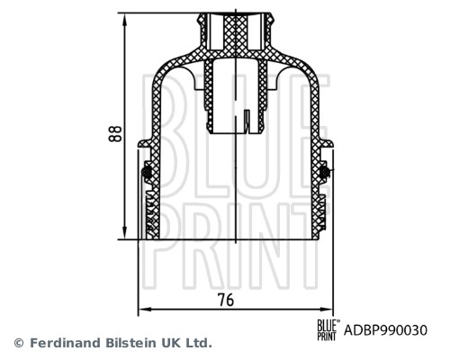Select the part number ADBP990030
[x=386, y=330]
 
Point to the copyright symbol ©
[x=19, y=343]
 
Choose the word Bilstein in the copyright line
[x=131, y=343]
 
